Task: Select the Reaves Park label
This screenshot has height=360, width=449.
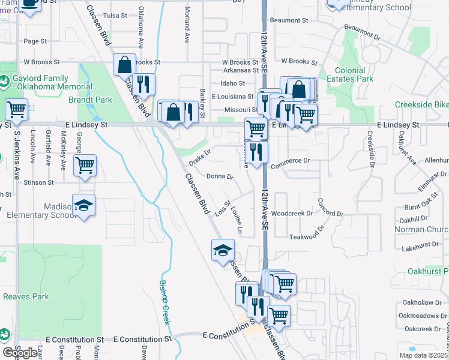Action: coord(26,296)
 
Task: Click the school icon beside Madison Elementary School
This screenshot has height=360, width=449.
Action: coord(84,206)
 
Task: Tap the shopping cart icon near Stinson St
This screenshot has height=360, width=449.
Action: coord(85,165)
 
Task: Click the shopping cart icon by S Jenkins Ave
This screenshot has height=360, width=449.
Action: coord(17,110)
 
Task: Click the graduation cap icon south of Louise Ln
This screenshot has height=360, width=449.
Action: coord(223,250)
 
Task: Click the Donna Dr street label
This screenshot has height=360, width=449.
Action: coord(219,176)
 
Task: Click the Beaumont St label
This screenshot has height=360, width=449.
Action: coord(289,20)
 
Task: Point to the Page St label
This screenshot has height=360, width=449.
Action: coord(35,41)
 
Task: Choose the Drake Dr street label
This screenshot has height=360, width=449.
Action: coord(200,158)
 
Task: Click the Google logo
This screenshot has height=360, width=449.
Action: coord(20,353)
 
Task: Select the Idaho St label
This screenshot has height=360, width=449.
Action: coord(233,83)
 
